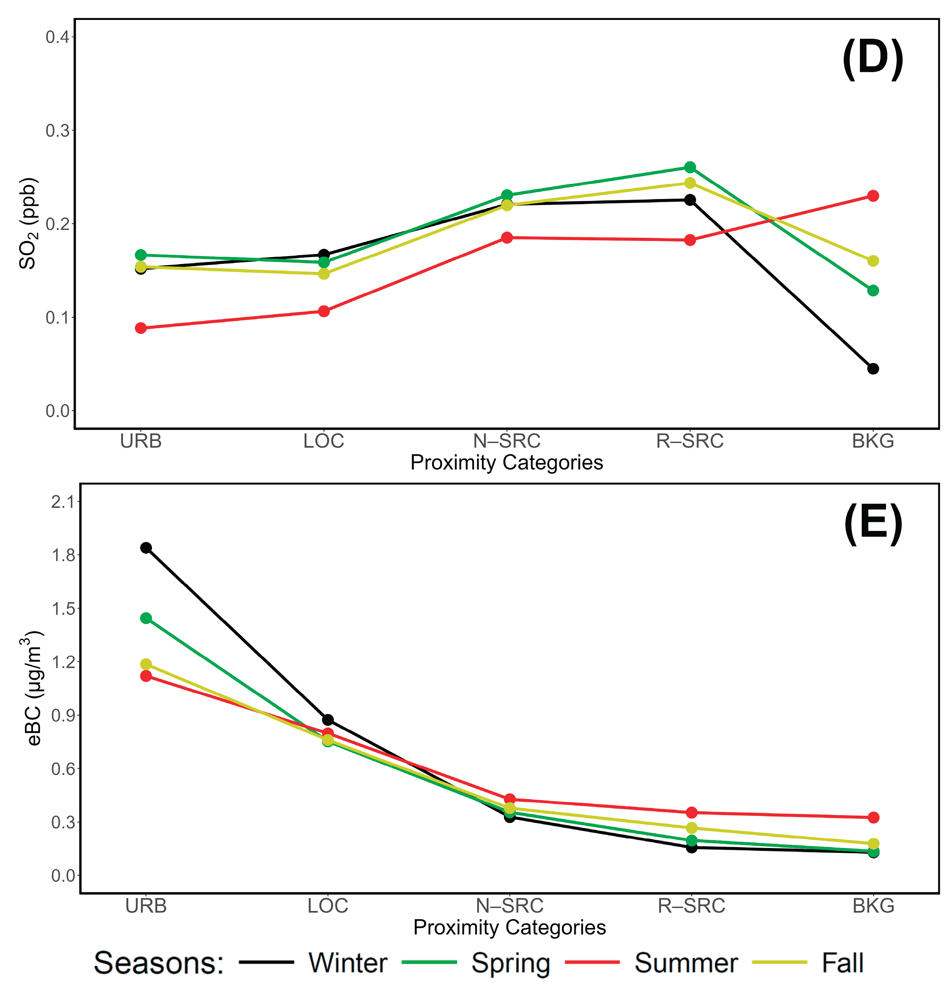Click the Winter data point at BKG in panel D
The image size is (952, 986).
click(x=873, y=369)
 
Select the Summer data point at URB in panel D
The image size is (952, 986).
click(x=141, y=328)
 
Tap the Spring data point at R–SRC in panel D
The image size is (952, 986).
click(x=690, y=167)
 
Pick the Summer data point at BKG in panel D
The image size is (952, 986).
click(x=873, y=196)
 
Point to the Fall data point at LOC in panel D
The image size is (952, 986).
click(x=323, y=274)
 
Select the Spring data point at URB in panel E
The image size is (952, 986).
click(x=146, y=618)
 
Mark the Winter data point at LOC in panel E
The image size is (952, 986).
click(x=328, y=720)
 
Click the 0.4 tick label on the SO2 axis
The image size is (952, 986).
click(x=57, y=37)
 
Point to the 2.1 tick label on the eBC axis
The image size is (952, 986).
click(x=62, y=502)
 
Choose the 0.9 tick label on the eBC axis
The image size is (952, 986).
click(x=62, y=715)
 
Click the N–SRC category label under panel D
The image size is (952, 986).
click(x=507, y=441)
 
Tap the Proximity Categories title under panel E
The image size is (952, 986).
click(x=509, y=927)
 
